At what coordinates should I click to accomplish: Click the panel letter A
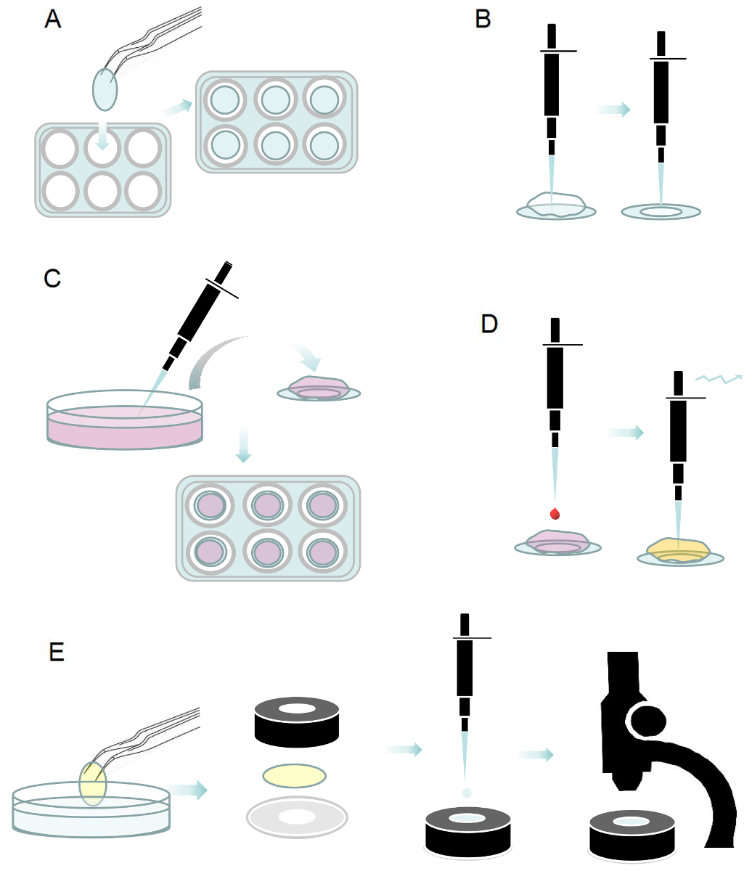(x=53, y=19)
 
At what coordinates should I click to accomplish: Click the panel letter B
(x=483, y=19)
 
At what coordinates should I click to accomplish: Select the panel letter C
(x=52, y=279)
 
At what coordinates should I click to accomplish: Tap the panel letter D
(x=489, y=324)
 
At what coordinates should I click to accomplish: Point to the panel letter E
(x=57, y=652)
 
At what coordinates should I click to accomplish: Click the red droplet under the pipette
(x=555, y=514)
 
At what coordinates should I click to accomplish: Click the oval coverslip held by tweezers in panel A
(x=105, y=90)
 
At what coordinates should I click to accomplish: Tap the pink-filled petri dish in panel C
(x=125, y=420)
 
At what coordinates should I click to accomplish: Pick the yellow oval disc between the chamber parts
(x=294, y=776)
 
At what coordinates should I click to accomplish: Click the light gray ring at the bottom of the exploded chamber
(x=297, y=817)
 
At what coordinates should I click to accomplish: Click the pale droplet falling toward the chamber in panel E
(x=467, y=792)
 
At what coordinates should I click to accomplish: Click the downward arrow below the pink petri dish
(x=243, y=443)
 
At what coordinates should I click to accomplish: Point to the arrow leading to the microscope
(x=535, y=754)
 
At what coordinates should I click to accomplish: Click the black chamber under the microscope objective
(x=632, y=836)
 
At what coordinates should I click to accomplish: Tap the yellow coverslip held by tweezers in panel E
(x=93, y=783)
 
